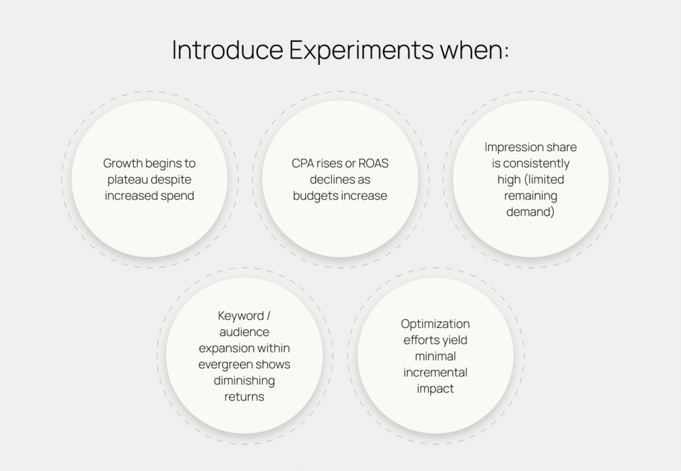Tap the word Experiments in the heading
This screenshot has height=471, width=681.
click(361, 51)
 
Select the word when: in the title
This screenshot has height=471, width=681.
click(474, 49)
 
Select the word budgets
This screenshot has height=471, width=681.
click(317, 196)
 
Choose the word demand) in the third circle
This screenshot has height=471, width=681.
click(530, 212)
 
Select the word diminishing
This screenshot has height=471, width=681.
click(244, 381)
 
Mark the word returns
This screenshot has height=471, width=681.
click(244, 396)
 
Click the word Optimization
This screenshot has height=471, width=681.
click(435, 324)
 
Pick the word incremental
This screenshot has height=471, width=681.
click(435, 373)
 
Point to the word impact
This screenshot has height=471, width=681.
click(435, 389)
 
